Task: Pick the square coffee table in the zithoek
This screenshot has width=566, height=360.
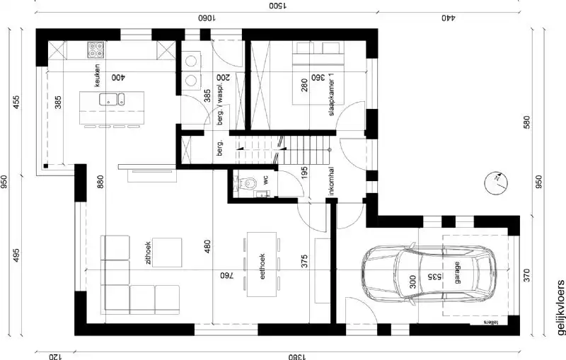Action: click(x=168, y=252)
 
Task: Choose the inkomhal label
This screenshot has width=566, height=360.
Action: click(x=331, y=182)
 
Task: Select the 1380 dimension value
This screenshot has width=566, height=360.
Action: click(x=297, y=356)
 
